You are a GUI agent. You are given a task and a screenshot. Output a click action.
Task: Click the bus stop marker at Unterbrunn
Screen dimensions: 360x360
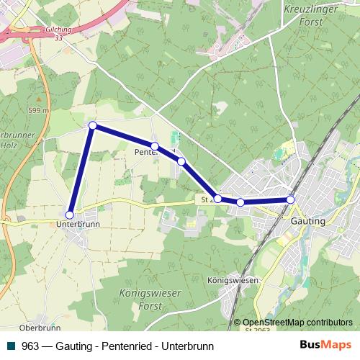click(x=70, y=215)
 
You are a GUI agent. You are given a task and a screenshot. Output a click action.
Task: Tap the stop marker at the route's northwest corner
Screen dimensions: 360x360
click(x=92, y=125)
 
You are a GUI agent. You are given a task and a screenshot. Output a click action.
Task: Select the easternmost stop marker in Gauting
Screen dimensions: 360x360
click(x=290, y=199)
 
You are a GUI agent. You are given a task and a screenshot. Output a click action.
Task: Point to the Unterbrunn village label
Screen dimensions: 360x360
click(x=77, y=224)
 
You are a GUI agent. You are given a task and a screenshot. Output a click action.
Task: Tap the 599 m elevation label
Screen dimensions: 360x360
click(x=38, y=110)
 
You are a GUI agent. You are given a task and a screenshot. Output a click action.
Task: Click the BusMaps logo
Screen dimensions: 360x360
click(x=325, y=346)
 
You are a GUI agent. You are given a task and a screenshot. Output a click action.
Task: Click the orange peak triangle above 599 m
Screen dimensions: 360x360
click(x=38, y=99)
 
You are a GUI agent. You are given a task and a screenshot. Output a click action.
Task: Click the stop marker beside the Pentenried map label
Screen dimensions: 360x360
click(x=155, y=146)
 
